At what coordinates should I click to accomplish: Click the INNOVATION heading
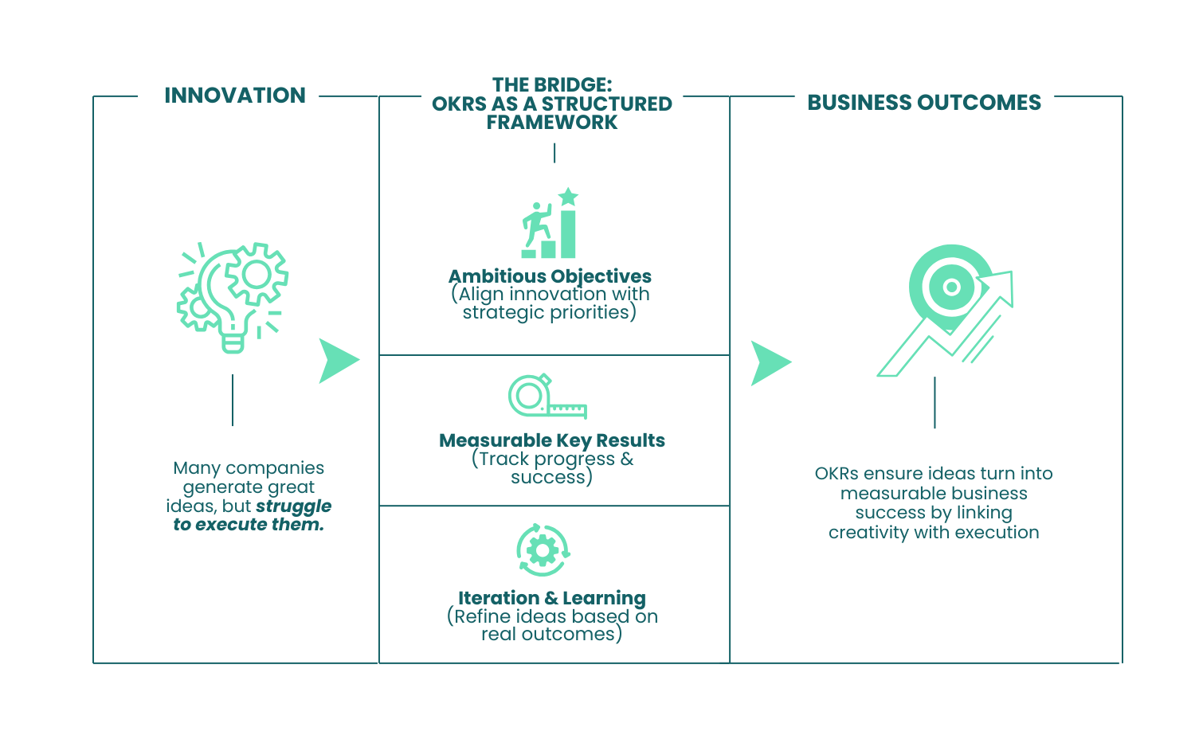pos(234,96)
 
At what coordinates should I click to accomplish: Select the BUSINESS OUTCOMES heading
pos(924,103)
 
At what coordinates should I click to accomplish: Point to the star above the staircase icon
pos(568,196)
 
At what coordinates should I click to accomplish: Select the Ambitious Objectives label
pos(550,276)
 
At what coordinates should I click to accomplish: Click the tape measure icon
pos(546,397)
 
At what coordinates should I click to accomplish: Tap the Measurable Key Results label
pos(551,440)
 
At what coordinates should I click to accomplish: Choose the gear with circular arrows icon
pos(543,549)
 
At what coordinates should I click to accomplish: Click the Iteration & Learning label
pos(551,598)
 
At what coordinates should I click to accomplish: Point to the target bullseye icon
pos(950,287)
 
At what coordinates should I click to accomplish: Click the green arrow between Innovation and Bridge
pos(338,361)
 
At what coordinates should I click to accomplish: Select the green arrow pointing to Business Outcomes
pos(770,363)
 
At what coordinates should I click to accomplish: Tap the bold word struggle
pos(293,506)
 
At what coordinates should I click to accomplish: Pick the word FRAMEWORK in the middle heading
pos(551,123)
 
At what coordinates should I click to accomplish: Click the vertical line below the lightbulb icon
pos(233,400)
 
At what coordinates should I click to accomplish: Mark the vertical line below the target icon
pos(934,402)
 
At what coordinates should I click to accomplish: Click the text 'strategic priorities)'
pos(549,313)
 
